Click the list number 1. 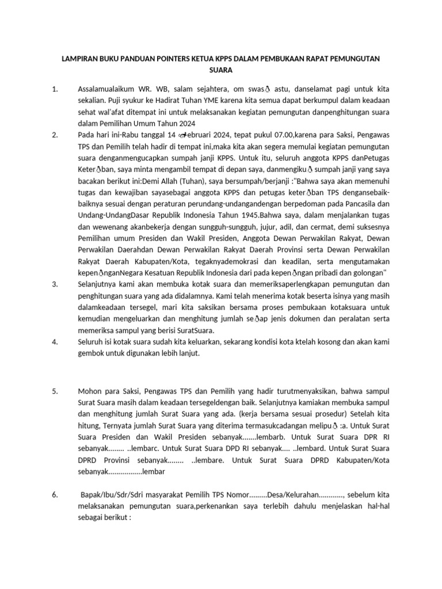[55, 89]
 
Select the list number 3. [55, 284]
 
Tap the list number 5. [55, 391]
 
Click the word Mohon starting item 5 [92, 391]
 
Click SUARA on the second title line [220, 71]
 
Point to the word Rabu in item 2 [121, 135]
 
